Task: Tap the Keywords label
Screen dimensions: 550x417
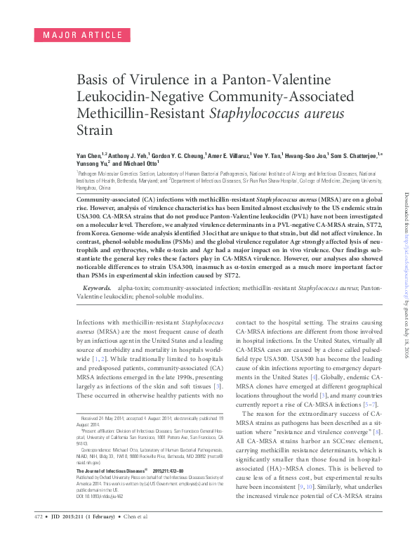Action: [97, 288]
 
